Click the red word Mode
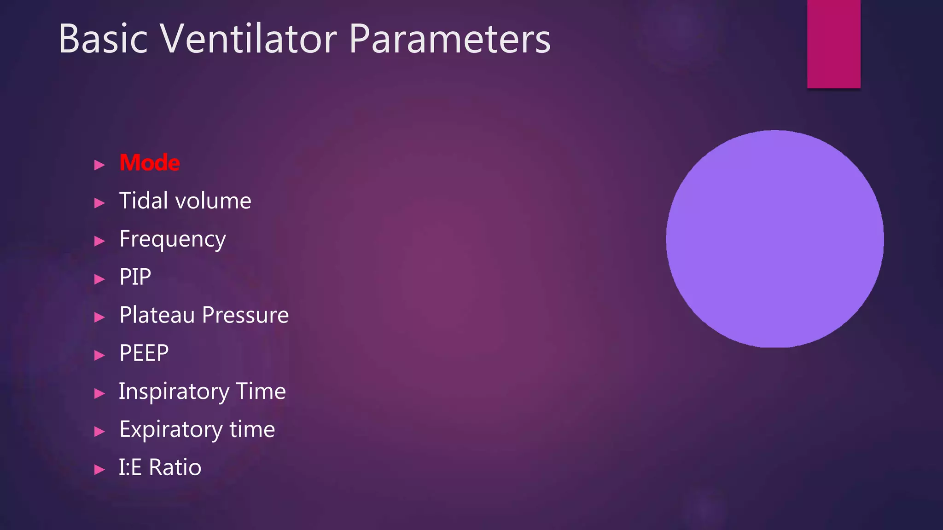pos(149,163)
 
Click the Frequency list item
pos(172,240)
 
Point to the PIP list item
pos(135,277)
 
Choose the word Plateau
pos(157,315)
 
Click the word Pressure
pos(245,315)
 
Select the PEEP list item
pos(144,353)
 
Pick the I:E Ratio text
pos(160,467)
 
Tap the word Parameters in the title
pos(449,40)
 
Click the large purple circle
pos(774,239)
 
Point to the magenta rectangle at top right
pos(833,44)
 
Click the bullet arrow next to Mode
pos(99,165)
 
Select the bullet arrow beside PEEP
pos(99,355)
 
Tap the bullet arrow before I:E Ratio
pos(99,469)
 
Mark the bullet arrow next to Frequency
pos(99,241)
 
